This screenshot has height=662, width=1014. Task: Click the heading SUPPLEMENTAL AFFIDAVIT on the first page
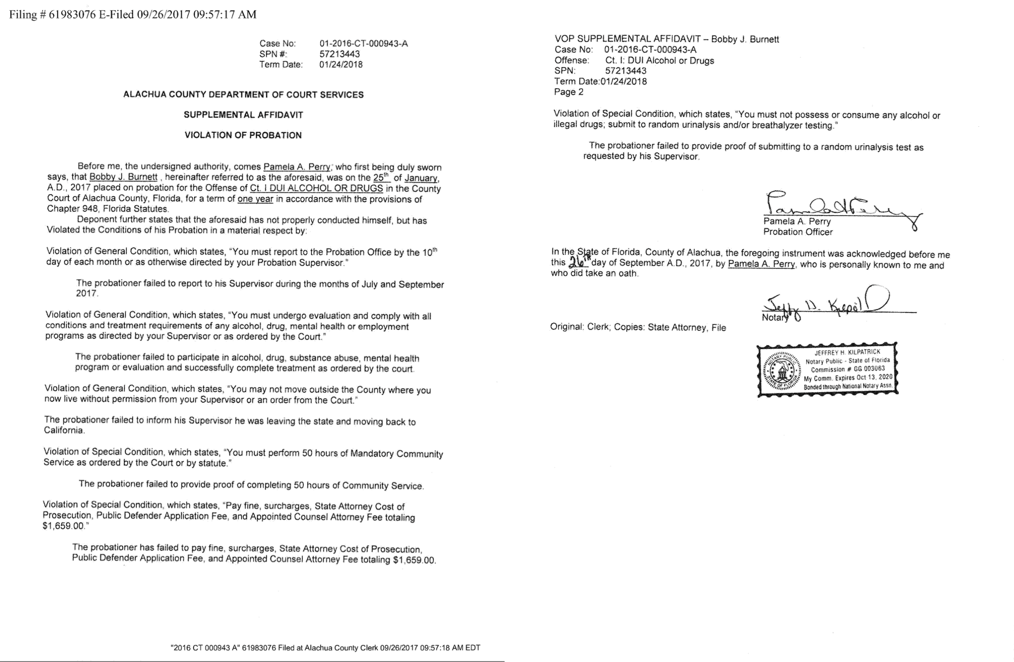[243, 115]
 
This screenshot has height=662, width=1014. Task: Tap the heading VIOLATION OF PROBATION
[243, 135]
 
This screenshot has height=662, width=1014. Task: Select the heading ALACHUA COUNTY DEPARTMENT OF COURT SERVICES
[243, 95]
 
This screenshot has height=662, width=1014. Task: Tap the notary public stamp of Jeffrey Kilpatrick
[827, 370]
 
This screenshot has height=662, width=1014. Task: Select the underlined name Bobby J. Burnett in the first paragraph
[123, 177]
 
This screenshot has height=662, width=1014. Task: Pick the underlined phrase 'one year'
[256, 199]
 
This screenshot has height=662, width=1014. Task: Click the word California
[63, 431]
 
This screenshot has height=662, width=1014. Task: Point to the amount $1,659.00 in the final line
[414, 560]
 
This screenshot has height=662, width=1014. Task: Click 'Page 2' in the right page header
[569, 92]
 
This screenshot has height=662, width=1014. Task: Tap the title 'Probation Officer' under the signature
[798, 232]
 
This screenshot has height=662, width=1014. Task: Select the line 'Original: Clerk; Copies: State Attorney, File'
[638, 327]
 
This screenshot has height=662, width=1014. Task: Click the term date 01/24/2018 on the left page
[341, 65]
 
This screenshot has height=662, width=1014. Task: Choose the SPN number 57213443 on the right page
[626, 71]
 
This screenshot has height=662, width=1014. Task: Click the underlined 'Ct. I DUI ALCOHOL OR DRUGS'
[316, 189]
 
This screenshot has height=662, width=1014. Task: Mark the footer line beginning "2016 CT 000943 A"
[325, 648]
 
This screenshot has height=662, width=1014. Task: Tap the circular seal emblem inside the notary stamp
[782, 370]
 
